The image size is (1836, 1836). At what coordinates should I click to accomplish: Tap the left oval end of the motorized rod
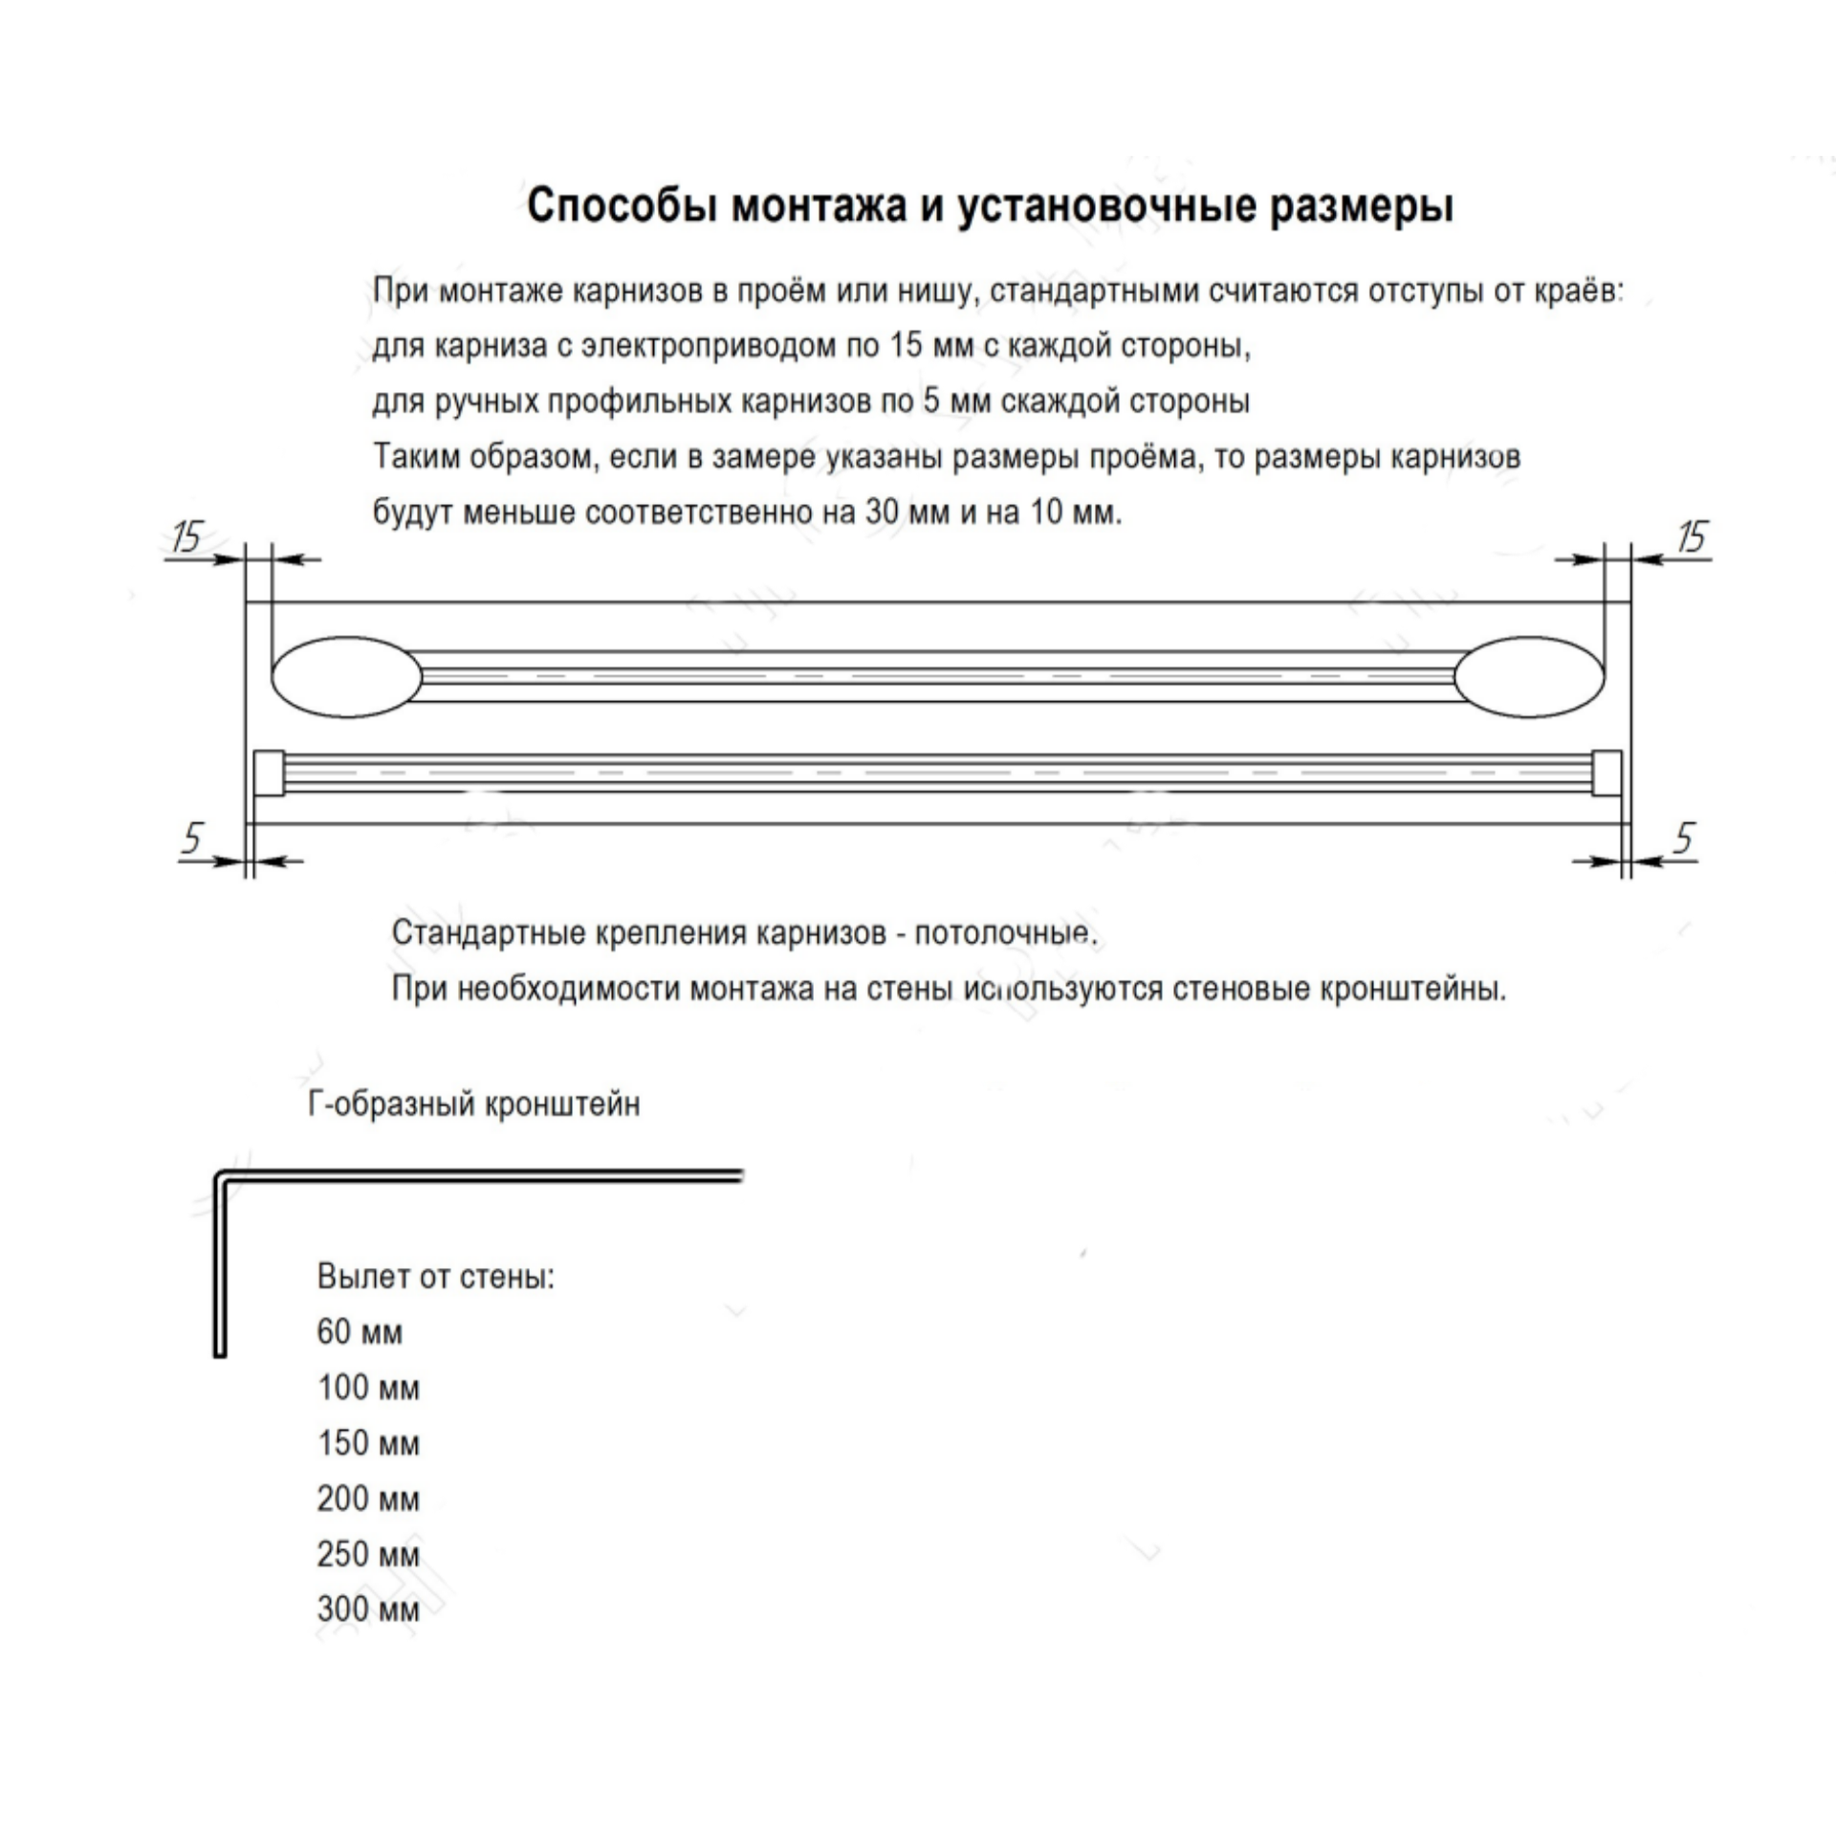346,677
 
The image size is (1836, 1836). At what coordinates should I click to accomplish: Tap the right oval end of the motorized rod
1529,677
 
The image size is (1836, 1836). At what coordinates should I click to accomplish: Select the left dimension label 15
186,536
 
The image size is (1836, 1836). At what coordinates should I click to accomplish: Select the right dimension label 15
1692,536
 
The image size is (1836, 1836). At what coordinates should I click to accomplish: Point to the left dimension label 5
193,839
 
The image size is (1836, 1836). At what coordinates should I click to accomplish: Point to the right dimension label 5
1684,839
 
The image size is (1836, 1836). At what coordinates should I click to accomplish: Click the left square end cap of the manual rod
268,773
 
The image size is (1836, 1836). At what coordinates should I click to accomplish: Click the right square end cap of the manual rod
1607,773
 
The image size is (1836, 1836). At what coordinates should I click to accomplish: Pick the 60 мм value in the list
360,1332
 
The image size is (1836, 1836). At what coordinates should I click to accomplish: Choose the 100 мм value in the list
368,1388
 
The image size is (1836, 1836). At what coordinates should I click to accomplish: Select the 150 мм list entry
368,1443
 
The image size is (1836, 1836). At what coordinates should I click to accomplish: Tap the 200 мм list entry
368,1498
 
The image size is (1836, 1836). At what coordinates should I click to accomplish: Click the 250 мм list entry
368,1554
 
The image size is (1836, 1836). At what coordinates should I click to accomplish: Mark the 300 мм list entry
368,1609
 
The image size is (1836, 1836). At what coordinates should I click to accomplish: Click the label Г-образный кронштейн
474,1104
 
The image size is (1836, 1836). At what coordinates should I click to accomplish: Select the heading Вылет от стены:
436,1277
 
